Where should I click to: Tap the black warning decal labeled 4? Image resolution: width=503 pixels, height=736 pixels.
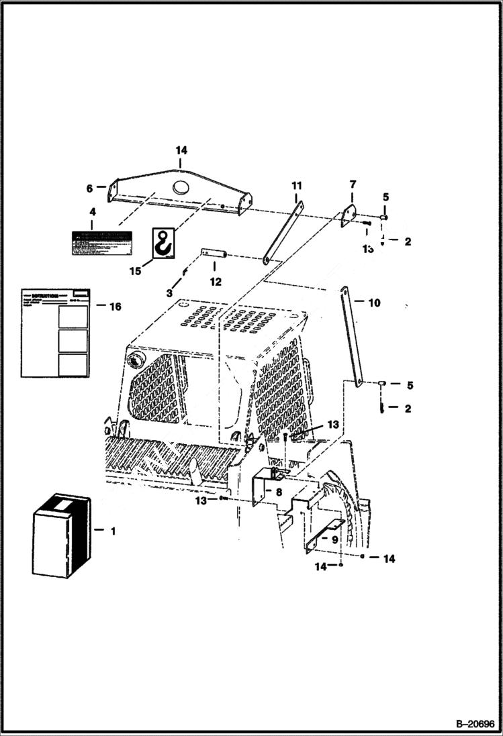point(101,242)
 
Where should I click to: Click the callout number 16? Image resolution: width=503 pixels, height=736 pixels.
point(115,307)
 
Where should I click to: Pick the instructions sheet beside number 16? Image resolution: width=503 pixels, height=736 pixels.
point(56,333)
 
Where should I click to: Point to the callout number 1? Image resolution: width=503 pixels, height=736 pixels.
point(113,531)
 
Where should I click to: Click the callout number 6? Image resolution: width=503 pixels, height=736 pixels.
point(89,189)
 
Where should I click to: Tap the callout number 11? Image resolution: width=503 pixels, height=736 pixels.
point(296,185)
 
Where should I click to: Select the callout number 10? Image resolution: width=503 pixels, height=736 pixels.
point(374,303)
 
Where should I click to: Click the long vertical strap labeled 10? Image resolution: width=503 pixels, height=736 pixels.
point(353,336)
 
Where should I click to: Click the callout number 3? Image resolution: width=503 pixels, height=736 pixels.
point(169,293)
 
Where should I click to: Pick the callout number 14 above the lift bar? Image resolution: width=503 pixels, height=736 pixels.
point(181,150)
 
